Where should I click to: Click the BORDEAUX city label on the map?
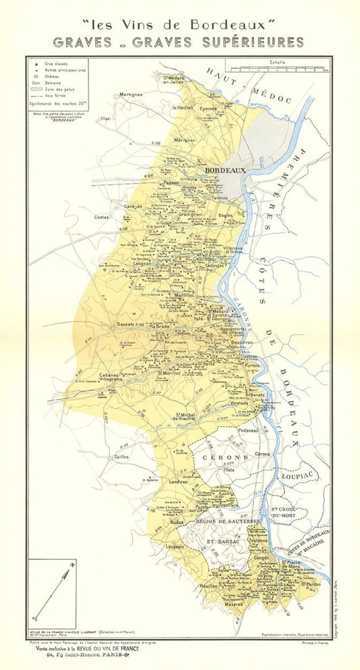tap(226, 171)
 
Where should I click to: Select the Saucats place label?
tap(127, 325)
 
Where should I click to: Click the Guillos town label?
tap(122, 456)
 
